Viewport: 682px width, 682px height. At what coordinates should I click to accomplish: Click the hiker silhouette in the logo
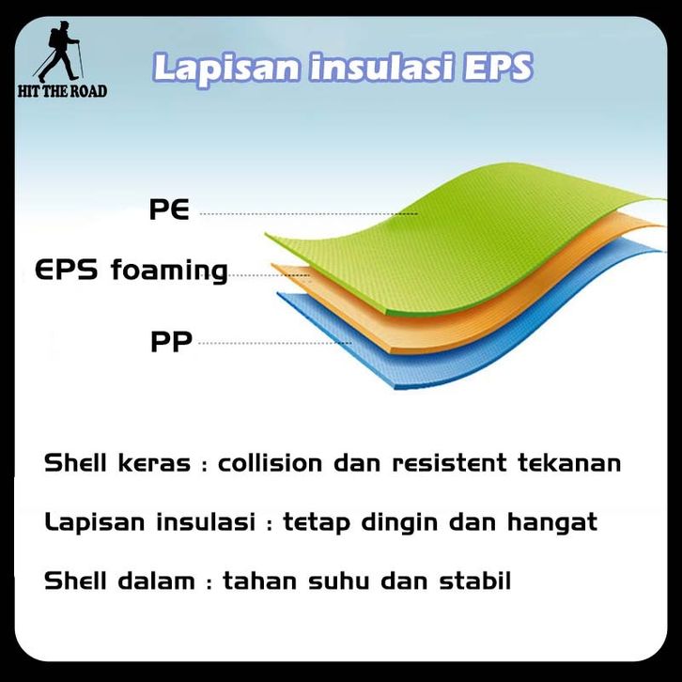tap(58, 52)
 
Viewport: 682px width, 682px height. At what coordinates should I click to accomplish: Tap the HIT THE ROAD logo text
tap(62, 91)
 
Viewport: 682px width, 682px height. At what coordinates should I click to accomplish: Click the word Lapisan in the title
tap(226, 69)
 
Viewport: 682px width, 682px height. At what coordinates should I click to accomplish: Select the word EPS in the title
tap(497, 67)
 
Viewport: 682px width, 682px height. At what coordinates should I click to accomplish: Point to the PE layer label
tap(169, 209)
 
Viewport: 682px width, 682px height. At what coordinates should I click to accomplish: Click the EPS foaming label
tap(132, 271)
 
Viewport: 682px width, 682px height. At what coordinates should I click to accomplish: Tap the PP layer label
tap(171, 341)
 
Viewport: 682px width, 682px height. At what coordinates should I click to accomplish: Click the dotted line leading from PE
tap(308, 214)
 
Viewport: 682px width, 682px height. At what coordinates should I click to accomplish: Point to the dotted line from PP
tap(275, 343)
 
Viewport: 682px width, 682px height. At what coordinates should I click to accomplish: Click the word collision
tap(270, 462)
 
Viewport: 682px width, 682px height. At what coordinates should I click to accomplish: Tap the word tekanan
tap(569, 462)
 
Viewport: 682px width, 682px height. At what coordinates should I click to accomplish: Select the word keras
tap(154, 462)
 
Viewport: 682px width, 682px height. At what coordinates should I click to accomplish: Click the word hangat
tap(552, 522)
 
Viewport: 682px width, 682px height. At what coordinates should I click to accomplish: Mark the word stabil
tap(475, 581)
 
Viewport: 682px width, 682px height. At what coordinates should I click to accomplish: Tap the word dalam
tap(157, 581)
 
